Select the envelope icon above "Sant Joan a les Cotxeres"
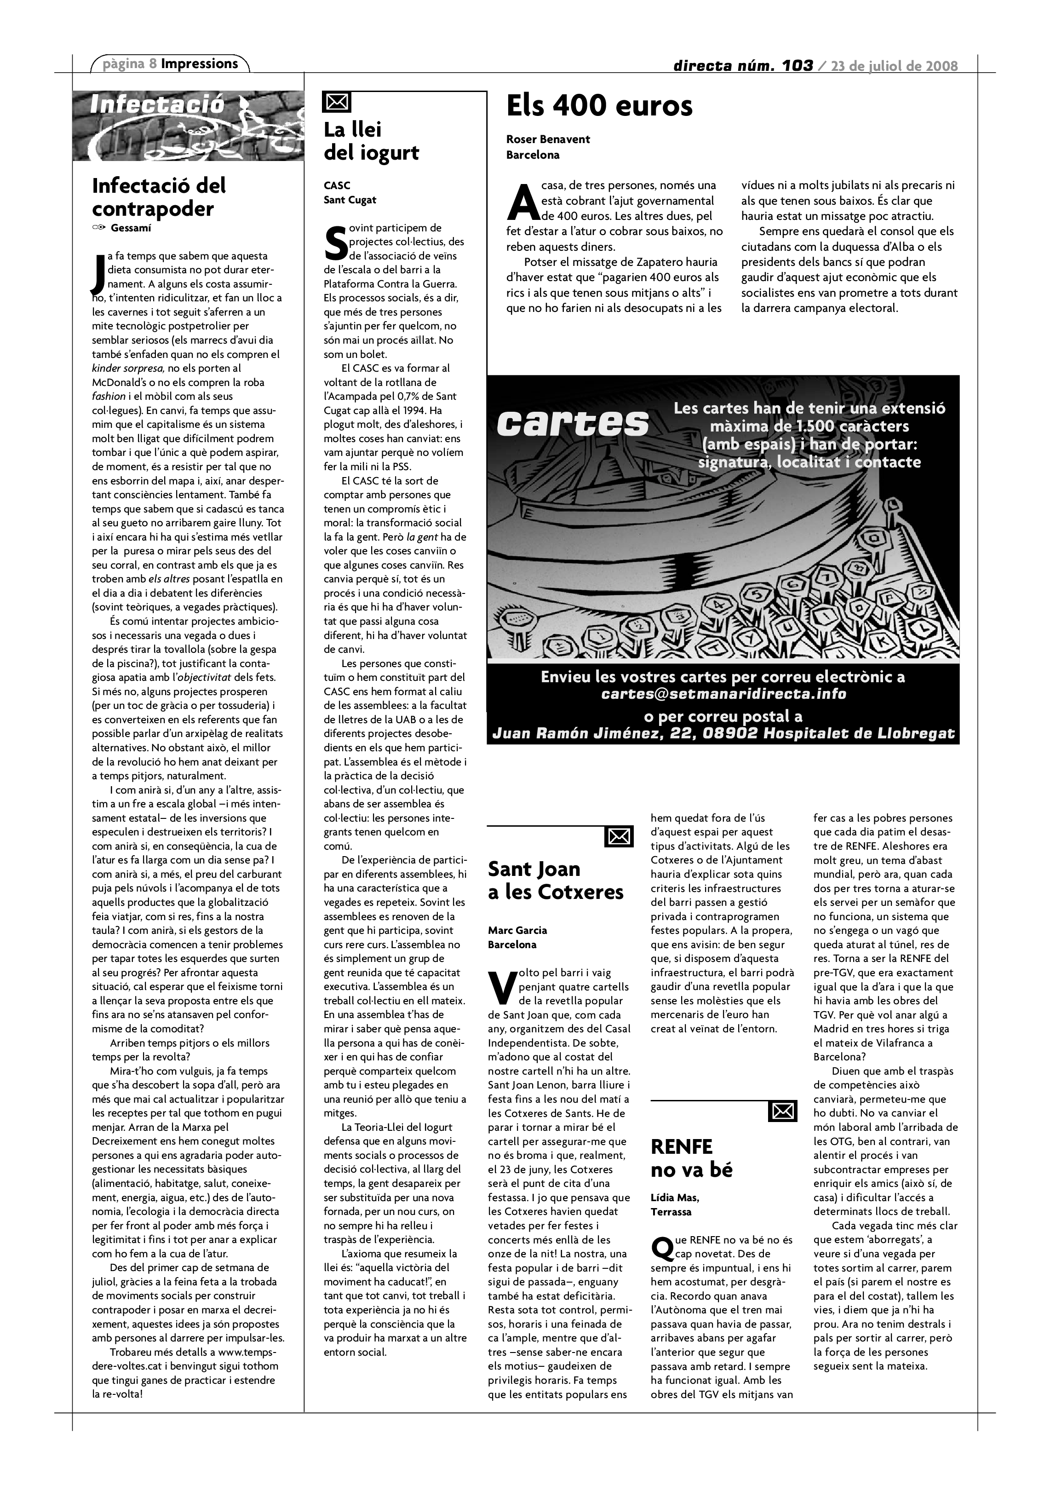(x=619, y=837)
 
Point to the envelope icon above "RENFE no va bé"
(x=782, y=1111)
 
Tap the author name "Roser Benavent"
(x=548, y=139)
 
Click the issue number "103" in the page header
(x=796, y=65)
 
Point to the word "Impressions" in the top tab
(x=199, y=63)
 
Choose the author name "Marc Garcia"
(x=517, y=930)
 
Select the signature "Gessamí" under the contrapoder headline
(x=131, y=228)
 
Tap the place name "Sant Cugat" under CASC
(x=350, y=200)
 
